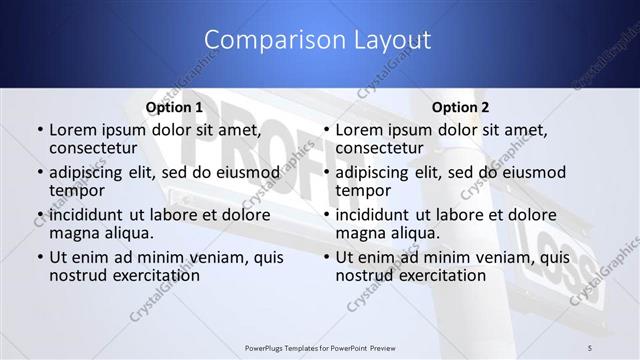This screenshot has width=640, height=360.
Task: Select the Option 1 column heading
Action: coord(174,107)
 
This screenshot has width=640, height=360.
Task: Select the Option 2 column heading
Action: coord(461,107)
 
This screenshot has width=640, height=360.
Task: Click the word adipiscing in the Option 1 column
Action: coord(91,172)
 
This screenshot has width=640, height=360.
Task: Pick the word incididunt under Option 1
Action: coord(91,215)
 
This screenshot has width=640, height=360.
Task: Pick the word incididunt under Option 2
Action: coord(378,215)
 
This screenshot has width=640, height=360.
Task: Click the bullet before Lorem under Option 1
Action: coord(39,131)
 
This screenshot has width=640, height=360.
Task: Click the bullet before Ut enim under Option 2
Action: coord(326,258)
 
